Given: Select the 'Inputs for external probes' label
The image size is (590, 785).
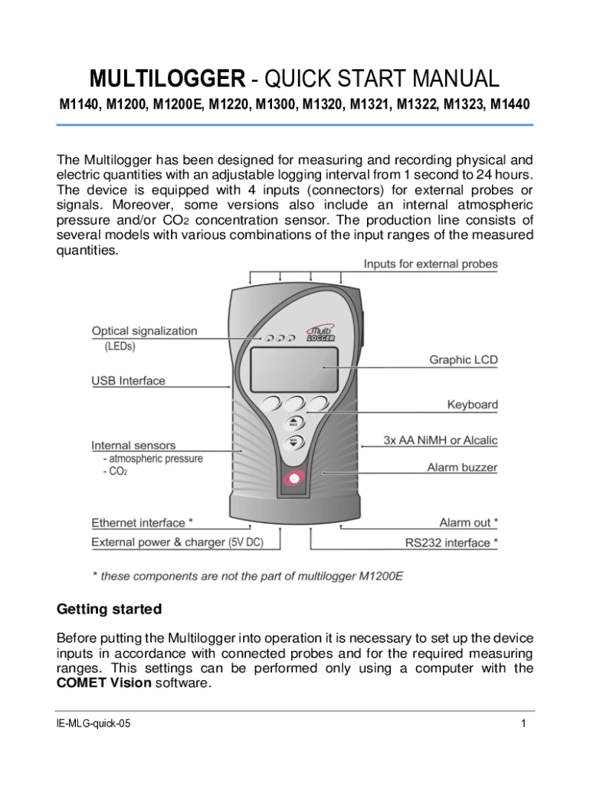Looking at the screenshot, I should [x=431, y=264].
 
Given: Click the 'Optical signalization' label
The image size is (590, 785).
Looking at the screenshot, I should [x=144, y=331].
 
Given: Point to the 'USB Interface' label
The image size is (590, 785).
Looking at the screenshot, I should [x=128, y=380].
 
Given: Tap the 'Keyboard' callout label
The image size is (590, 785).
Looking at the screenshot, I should [x=472, y=404].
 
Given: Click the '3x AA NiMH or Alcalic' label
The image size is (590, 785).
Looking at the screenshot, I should [x=440, y=440].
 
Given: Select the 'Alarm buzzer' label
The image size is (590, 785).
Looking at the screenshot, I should [x=462, y=467].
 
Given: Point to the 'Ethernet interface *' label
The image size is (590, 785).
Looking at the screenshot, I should [x=142, y=523].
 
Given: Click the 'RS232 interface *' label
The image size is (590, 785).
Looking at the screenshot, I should [x=451, y=543].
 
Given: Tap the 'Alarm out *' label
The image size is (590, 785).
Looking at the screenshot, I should [x=468, y=523].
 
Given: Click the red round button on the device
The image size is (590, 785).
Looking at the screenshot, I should [x=294, y=479].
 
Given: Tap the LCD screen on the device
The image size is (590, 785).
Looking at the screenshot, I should [x=294, y=366].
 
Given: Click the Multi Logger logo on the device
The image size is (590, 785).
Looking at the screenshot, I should [x=320, y=332].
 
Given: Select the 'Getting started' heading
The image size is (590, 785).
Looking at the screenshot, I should [x=110, y=609].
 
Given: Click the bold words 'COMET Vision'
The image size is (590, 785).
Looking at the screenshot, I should [x=104, y=683].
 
